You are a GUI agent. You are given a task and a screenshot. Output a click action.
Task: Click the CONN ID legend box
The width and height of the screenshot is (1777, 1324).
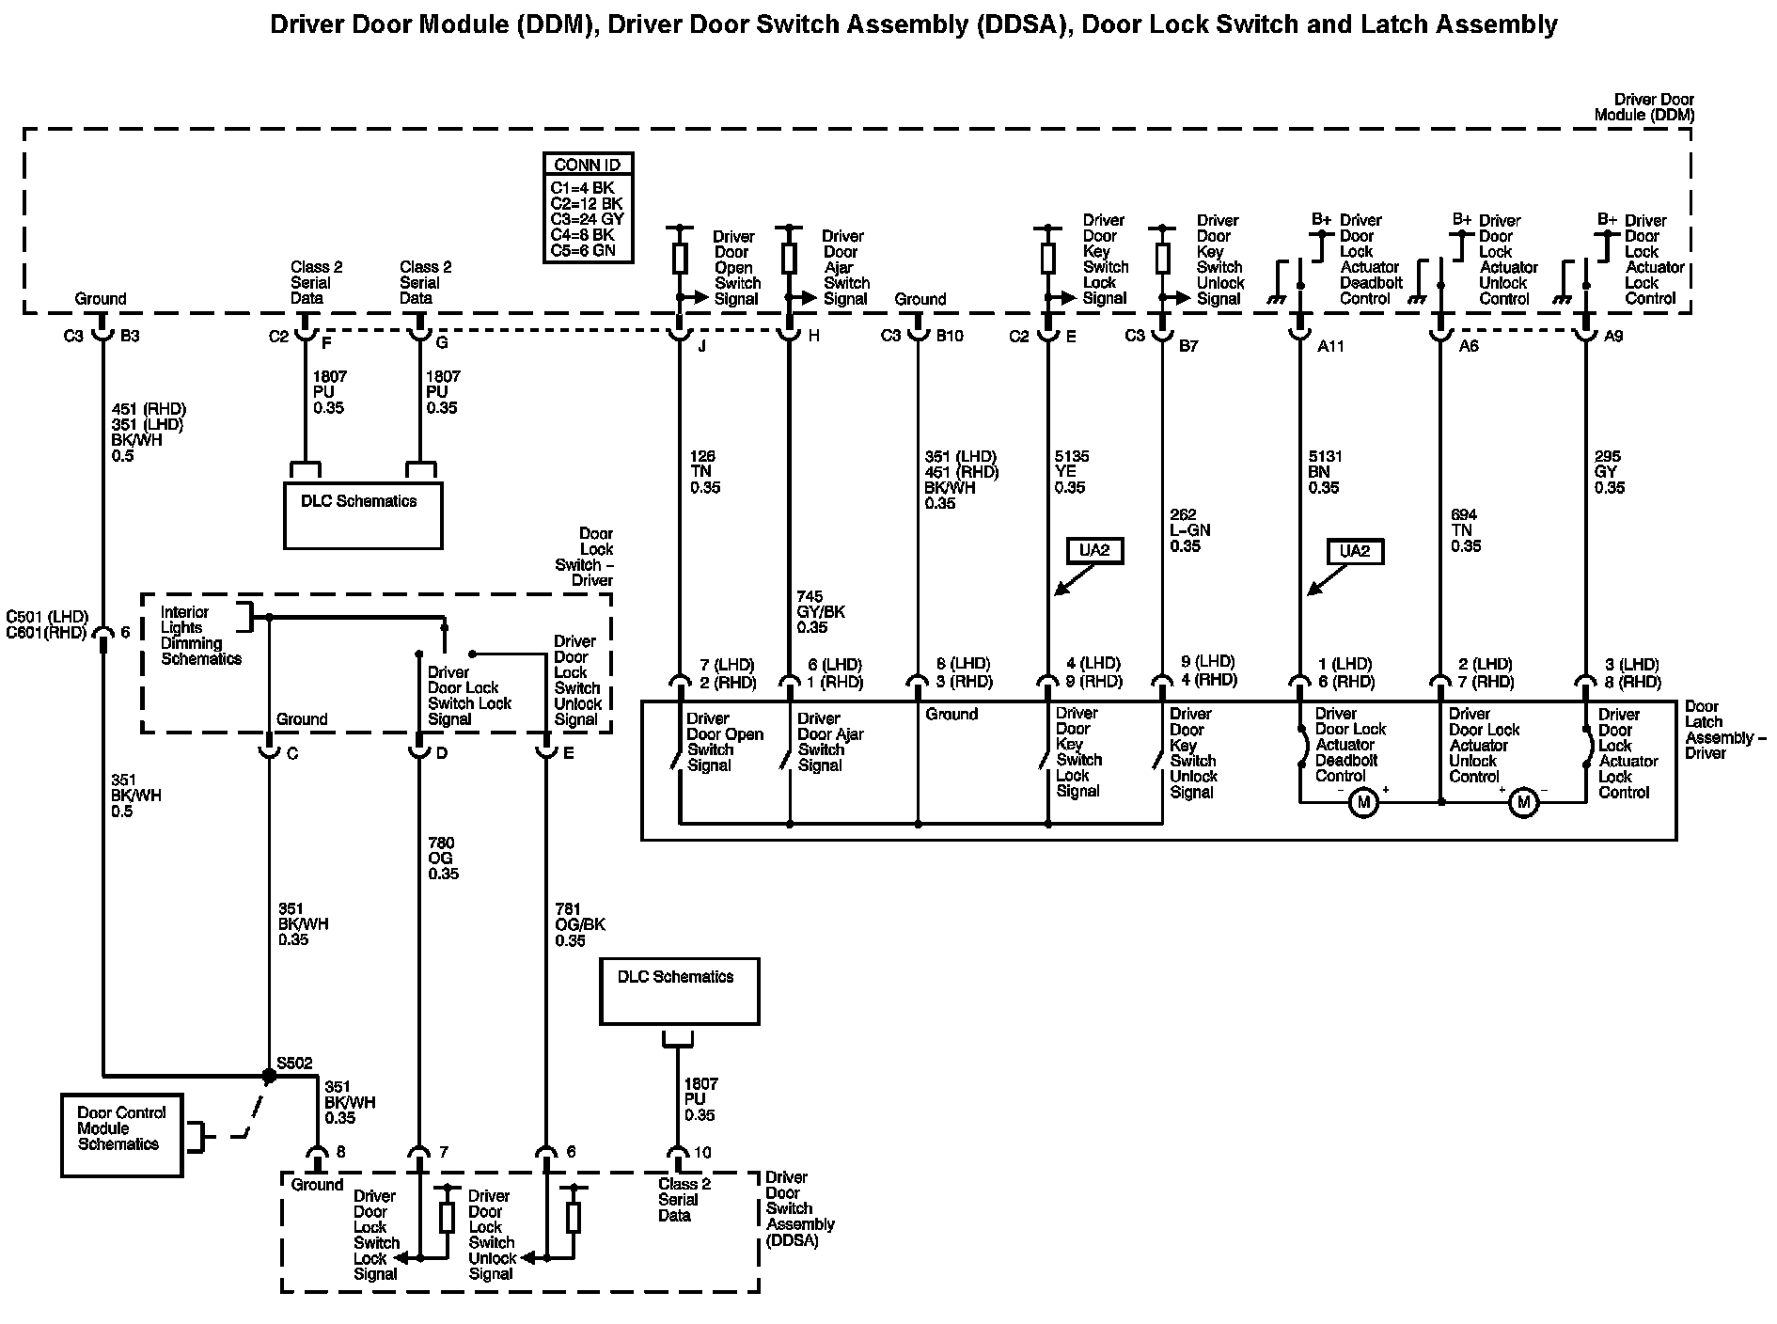(x=588, y=207)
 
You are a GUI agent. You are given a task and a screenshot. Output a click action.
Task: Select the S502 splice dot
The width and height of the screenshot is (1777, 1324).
(x=270, y=1074)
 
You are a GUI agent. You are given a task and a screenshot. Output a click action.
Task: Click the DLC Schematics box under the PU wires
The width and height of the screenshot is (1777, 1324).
(x=363, y=514)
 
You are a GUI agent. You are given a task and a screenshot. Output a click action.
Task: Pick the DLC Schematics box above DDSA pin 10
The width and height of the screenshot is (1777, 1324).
(x=679, y=990)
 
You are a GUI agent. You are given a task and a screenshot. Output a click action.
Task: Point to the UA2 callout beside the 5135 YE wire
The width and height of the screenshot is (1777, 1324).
(x=1094, y=550)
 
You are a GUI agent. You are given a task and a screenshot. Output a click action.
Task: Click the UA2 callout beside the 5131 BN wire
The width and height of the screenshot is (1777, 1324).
(x=1354, y=551)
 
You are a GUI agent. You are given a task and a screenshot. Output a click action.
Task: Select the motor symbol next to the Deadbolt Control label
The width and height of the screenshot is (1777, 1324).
(x=1362, y=802)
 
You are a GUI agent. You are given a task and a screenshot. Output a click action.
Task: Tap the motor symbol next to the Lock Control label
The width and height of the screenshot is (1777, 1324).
(x=1523, y=802)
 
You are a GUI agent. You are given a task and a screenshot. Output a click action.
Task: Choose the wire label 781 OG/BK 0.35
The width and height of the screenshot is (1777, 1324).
(x=579, y=924)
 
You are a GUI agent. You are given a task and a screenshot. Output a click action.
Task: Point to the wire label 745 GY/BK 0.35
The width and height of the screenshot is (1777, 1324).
(x=821, y=611)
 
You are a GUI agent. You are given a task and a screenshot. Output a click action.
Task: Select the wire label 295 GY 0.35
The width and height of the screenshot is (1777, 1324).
(x=1609, y=472)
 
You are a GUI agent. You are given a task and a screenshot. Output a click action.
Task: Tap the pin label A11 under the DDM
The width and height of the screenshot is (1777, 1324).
(x=1330, y=346)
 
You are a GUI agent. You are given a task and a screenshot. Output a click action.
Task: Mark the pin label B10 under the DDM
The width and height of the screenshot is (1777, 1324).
(x=950, y=336)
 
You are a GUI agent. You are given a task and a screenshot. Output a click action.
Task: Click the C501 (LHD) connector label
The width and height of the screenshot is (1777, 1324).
(x=47, y=617)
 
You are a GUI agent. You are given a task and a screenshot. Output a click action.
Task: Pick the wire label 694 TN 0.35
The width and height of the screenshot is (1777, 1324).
(x=1466, y=530)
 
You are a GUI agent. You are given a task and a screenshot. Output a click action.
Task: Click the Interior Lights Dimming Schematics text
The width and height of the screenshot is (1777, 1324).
(x=200, y=636)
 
